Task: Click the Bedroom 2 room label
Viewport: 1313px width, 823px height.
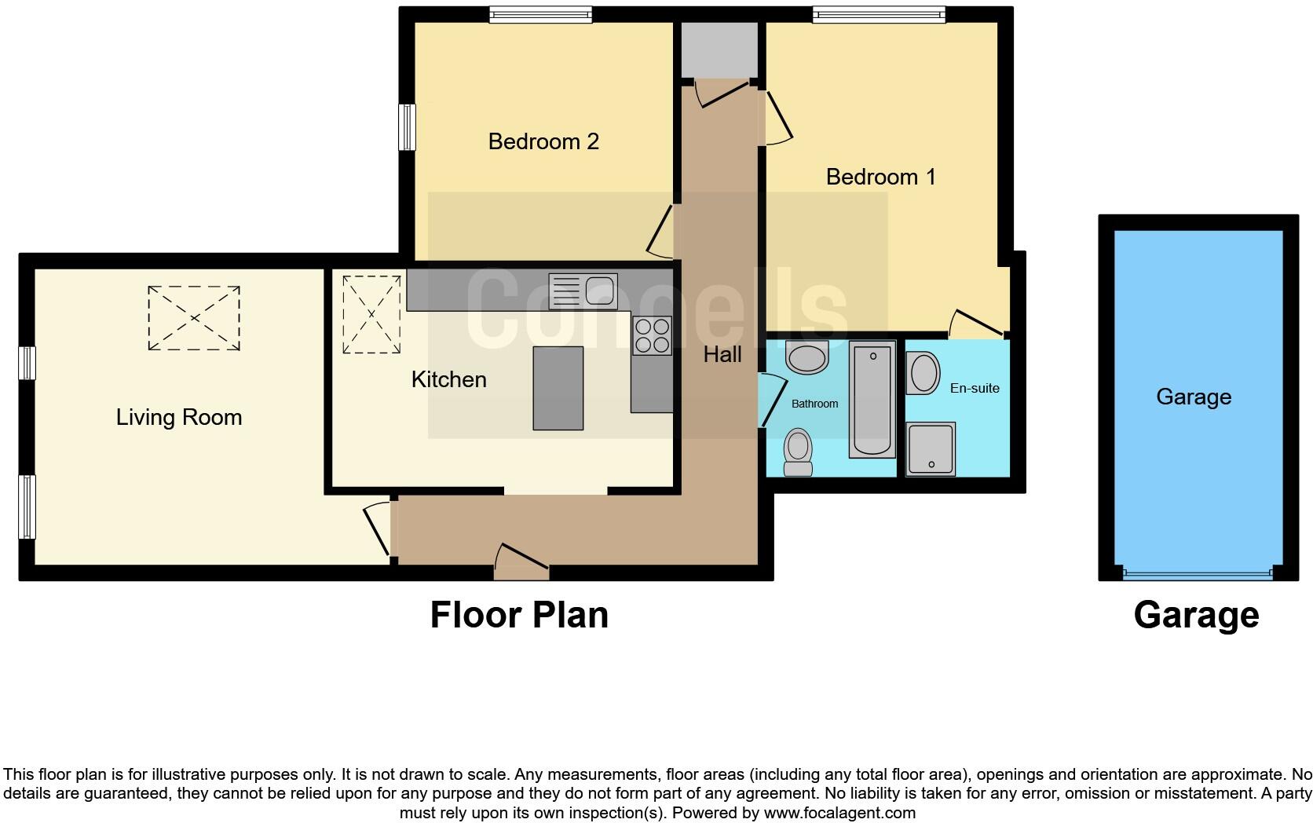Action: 543,141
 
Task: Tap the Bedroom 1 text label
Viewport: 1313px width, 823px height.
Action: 880,177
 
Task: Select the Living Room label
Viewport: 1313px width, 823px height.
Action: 179,417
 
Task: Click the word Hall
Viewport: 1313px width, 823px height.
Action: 722,355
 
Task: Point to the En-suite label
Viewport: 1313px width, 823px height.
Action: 974,388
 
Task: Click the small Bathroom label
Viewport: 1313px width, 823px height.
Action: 814,404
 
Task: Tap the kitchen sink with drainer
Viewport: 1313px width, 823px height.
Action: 583,291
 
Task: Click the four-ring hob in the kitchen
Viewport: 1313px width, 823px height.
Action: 652,336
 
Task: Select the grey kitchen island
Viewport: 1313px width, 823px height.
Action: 558,388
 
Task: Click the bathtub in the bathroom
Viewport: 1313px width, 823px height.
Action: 872,399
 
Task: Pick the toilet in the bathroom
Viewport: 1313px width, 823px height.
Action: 799,453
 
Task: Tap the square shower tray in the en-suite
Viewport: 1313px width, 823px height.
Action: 931,448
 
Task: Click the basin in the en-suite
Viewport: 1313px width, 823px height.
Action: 923,374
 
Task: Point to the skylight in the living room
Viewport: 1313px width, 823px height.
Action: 194,318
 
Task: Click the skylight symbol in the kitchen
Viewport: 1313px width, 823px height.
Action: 371,313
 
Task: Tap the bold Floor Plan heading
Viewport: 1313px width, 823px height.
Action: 519,615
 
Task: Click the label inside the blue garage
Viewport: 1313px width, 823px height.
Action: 1193,397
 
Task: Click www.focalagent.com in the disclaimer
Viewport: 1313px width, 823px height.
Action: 839,813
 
